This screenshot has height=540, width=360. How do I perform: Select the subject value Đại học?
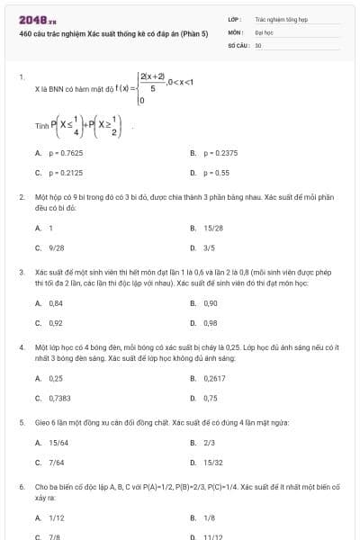click(x=264, y=31)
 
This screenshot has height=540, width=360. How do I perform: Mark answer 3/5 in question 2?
click(x=209, y=247)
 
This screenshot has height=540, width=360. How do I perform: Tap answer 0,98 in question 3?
click(x=211, y=322)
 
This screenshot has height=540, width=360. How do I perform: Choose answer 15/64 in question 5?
click(x=58, y=443)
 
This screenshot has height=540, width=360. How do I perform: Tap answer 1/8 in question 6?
click(x=209, y=517)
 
